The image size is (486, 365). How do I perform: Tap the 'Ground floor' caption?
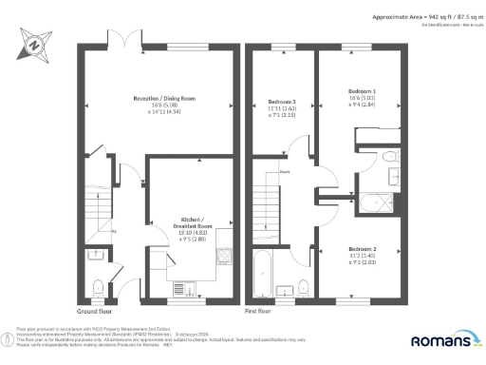click(93, 311)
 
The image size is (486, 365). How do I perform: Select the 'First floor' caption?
click(258, 311)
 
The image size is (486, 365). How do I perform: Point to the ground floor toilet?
click(100, 284)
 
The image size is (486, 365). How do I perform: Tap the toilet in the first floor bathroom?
click(303, 286)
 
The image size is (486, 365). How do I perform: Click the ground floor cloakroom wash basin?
click(95, 253)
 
